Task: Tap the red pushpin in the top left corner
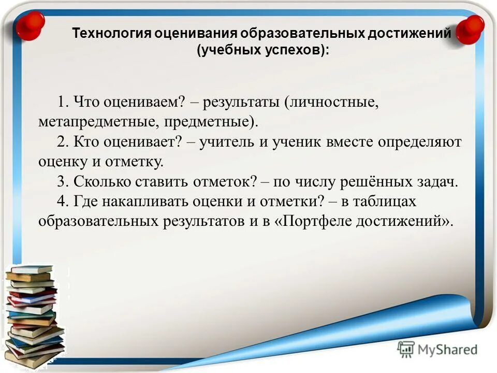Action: coord(30,25)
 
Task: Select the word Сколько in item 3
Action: coord(100,181)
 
